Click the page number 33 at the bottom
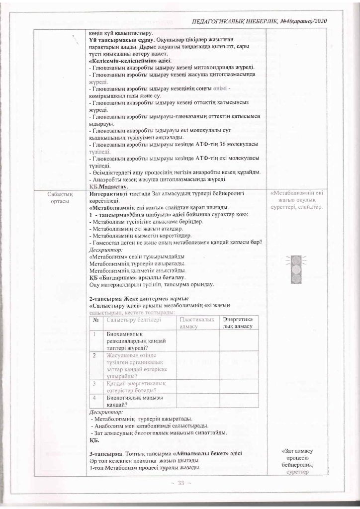[180, 483]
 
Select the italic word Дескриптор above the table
[105, 250]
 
